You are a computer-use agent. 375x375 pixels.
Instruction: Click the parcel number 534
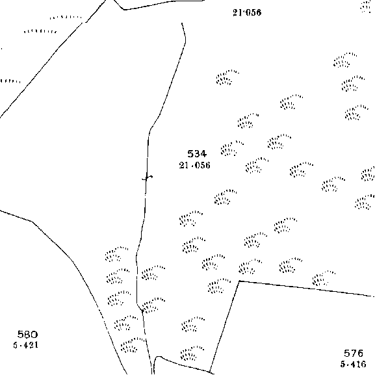click(197, 154)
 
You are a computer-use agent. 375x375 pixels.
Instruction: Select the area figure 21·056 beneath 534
click(195, 165)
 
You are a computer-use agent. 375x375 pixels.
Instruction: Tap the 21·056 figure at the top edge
click(247, 12)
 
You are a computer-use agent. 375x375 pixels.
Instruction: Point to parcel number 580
click(27, 334)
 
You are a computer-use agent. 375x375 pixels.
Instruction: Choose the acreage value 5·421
click(26, 345)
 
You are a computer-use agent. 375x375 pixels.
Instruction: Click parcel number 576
click(354, 354)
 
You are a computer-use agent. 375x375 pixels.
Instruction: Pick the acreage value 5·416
click(354, 364)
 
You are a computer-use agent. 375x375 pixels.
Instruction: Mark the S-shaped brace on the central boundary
click(148, 178)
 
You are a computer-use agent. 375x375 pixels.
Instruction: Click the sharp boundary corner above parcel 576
click(239, 281)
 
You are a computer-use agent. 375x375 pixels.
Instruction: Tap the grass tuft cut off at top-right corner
click(367, 6)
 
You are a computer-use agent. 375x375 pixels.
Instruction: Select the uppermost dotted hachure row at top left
click(66, 18)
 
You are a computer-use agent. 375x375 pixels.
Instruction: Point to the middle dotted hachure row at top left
click(40, 31)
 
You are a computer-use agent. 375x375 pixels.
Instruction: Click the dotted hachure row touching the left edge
click(10, 81)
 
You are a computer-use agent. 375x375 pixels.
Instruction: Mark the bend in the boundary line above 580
click(32, 222)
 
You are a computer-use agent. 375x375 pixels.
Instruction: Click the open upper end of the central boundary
click(182, 23)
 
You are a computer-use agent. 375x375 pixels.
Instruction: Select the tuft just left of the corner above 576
click(219, 285)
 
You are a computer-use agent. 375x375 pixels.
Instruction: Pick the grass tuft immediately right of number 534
click(232, 148)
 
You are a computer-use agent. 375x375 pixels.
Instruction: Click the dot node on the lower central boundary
click(142, 311)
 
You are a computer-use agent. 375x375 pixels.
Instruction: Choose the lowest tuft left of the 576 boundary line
click(192, 354)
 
